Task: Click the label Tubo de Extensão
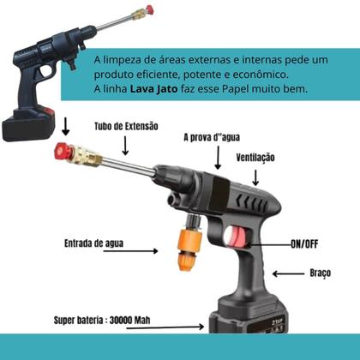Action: tap(128, 126)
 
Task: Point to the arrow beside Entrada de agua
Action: tap(146, 251)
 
